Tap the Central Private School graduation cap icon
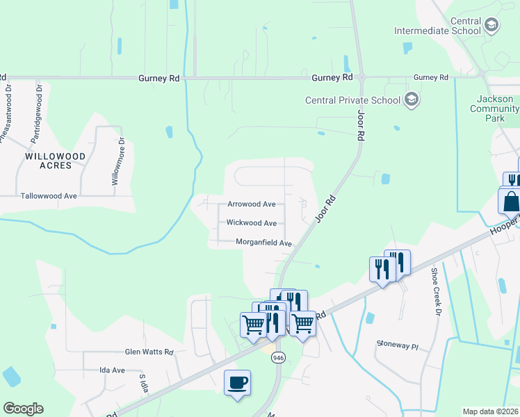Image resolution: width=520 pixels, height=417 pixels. click(x=411, y=100)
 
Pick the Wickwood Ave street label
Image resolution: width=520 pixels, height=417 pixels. click(x=252, y=223)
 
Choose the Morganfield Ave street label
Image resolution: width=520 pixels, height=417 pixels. click(x=263, y=243)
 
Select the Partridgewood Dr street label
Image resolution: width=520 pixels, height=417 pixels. click(x=36, y=114)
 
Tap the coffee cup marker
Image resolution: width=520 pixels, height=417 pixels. click(x=237, y=383)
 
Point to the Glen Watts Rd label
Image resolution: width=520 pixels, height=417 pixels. click(x=149, y=352)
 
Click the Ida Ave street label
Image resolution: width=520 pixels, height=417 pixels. click(x=112, y=370)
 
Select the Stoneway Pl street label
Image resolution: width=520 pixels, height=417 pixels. click(x=398, y=344)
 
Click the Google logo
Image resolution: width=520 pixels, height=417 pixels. click(x=24, y=409)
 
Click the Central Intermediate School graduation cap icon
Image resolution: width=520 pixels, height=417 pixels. click(x=491, y=26)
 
